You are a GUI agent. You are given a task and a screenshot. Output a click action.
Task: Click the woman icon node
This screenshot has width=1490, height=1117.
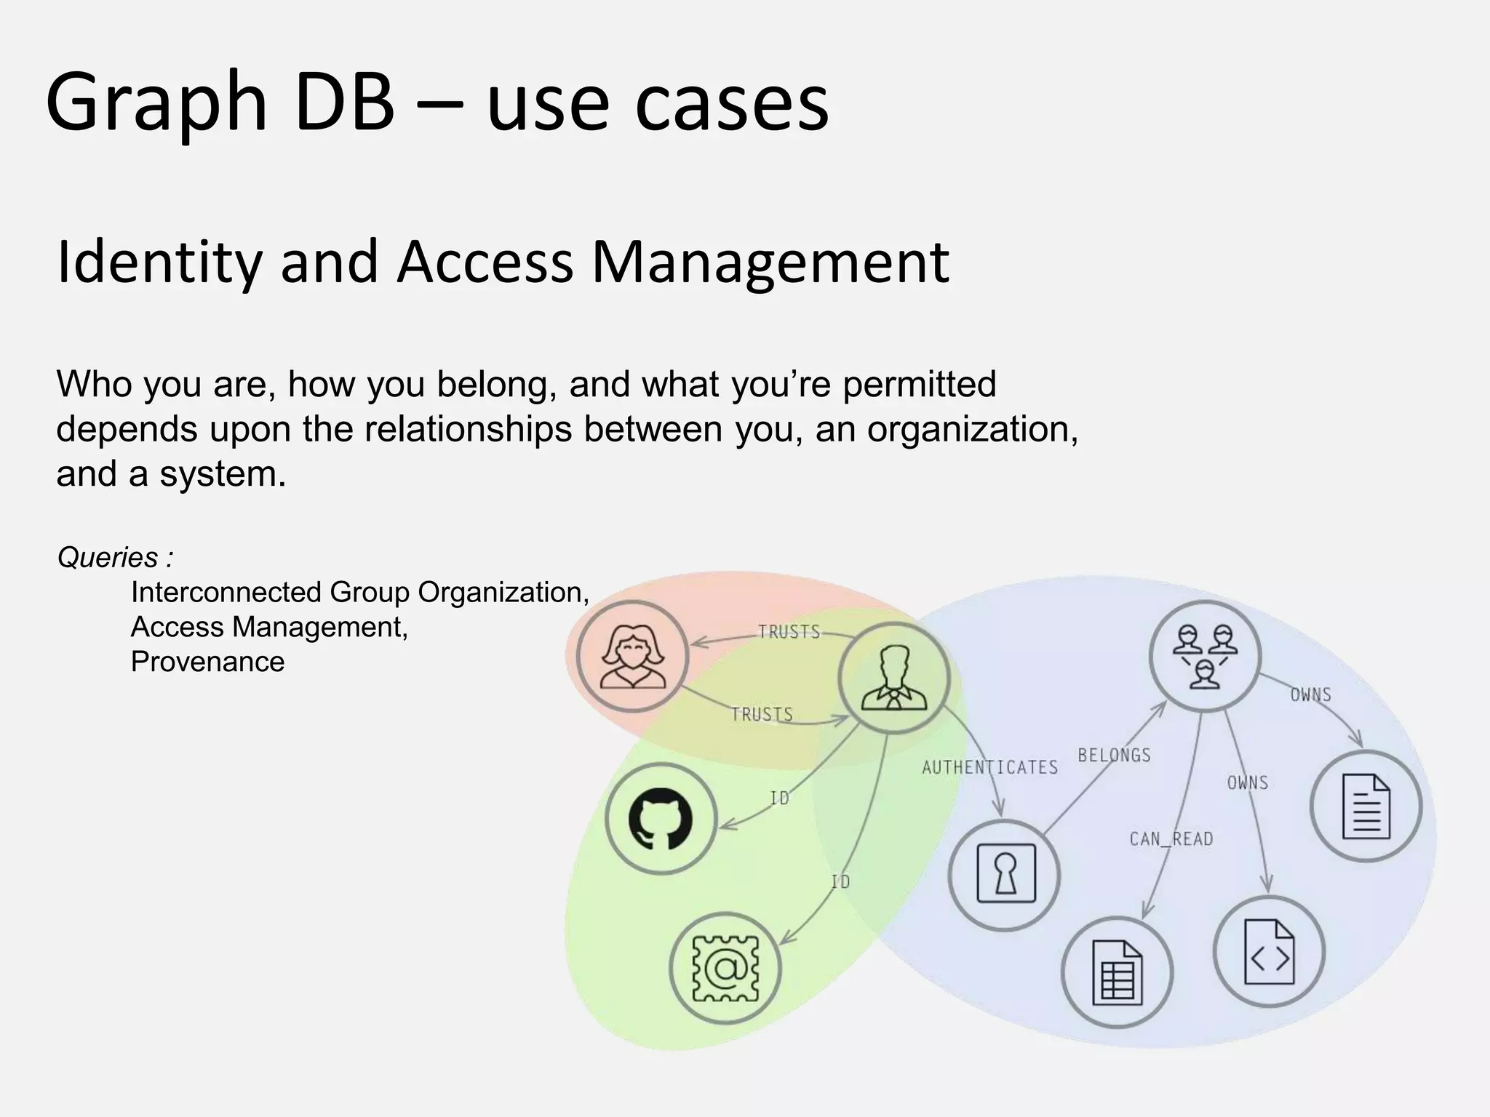[632, 657]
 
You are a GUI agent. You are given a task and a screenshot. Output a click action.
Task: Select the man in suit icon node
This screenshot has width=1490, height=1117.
[894, 678]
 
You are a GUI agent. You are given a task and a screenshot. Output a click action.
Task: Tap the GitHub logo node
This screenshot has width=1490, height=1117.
[661, 819]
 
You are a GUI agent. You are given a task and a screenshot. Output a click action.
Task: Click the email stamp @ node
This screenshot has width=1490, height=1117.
[725, 969]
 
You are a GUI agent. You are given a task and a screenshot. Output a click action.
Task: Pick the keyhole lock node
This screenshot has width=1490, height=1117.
[1005, 874]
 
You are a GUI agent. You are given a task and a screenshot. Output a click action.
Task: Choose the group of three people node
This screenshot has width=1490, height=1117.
[1205, 655]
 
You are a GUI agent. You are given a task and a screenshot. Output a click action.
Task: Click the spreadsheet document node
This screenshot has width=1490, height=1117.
[1117, 972]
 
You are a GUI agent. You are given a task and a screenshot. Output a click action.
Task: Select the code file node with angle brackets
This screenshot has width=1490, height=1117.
[1269, 951]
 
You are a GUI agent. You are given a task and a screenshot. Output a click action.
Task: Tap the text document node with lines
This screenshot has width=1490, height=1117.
[1366, 806]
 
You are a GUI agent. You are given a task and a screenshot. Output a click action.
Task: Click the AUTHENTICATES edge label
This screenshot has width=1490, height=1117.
[989, 767]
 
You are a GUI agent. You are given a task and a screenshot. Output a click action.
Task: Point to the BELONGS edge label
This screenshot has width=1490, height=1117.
[1114, 756]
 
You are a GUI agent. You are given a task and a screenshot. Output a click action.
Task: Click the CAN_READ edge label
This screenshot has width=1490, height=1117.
[1171, 839]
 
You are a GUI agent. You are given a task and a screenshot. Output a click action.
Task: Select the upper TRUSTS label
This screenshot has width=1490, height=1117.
[789, 632]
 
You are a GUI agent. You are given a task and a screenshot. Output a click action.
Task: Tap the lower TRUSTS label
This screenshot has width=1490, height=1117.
[762, 714]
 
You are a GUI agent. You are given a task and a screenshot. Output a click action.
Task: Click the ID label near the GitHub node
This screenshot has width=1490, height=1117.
[779, 798]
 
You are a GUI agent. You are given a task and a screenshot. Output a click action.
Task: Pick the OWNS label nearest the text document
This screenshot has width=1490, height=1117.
[1310, 694]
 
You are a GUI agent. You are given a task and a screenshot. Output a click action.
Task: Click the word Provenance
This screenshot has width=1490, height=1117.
[207, 662]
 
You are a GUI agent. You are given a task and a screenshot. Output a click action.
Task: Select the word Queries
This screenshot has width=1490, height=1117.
[108, 558]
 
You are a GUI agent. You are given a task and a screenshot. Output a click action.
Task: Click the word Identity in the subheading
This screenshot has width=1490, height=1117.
[159, 262]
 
